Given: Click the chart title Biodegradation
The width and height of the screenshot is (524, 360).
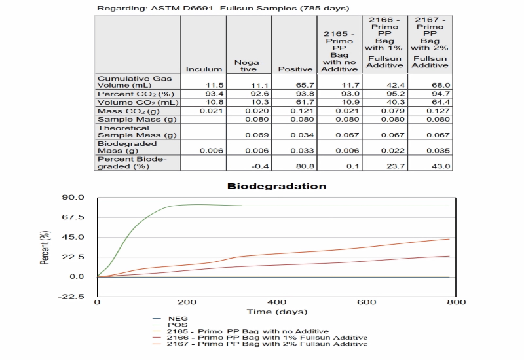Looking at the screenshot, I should (x=276, y=186).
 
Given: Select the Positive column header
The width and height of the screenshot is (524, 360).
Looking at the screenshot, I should (x=295, y=69).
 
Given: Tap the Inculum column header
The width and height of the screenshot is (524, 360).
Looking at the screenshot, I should (x=204, y=69).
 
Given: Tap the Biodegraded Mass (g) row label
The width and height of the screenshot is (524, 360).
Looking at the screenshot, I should (x=126, y=146).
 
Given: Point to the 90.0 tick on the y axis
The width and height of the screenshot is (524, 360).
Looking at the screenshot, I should (x=73, y=197).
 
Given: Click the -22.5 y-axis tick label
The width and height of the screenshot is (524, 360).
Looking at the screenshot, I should (x=71, y=297).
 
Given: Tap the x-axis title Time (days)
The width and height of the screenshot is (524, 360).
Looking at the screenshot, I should (x=276, y=312).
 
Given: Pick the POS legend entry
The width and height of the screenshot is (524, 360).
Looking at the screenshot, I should (x=177, y=325).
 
